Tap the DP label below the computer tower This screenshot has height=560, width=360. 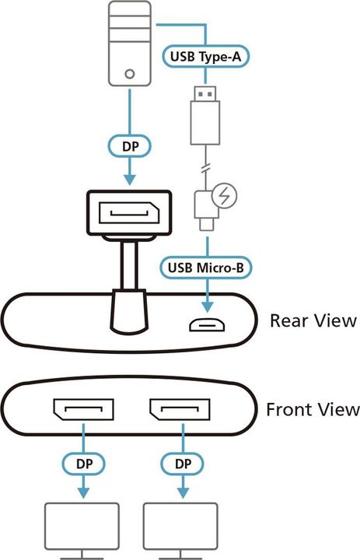coord(128,145)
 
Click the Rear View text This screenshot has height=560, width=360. coord(313,320)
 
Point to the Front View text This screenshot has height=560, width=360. coord(313,409)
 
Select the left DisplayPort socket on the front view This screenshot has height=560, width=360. coord(82,410)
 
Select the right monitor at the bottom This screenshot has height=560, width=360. coord(180,528)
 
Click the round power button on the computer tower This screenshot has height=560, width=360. coord(129,76)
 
